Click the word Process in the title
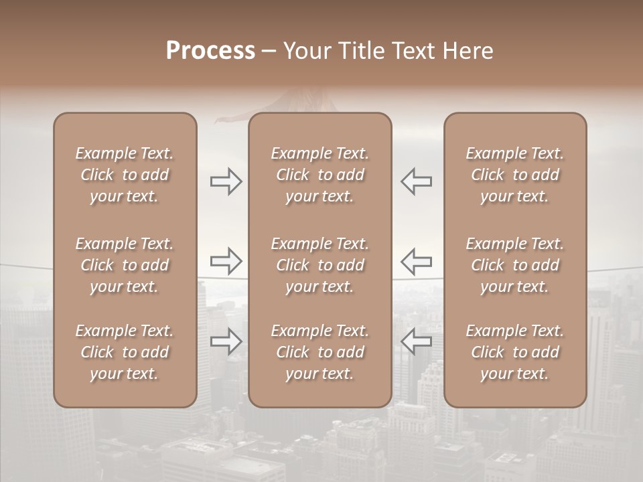point(210,50)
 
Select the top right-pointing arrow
point(226,181)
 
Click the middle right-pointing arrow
point(226,260)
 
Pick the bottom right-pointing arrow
point(226,341)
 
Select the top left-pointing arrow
point(416,181)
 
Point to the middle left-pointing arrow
point(416,260)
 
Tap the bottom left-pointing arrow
point(416,341)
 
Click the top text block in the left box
point(125,175)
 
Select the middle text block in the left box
point(125,265)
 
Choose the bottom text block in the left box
point(125,352)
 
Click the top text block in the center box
point(320,175)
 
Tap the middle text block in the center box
point(320,265)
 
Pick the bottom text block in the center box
point(320,352)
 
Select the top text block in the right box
point(515,175)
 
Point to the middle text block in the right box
point(515,265)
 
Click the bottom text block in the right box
point(515,352)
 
